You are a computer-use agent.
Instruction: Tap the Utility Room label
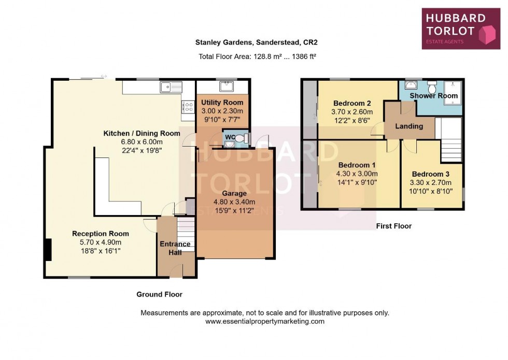pos(222,103)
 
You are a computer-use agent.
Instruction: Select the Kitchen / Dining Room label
pos(142,133)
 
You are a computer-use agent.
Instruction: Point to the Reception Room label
pos(101,234)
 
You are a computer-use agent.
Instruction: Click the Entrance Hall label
pos(176,248)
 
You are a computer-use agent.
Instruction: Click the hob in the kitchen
pos(187,106)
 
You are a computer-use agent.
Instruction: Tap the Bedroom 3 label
pos(431,174)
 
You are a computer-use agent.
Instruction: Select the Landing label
pos(409,126)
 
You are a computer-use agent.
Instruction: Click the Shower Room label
pos(434,96)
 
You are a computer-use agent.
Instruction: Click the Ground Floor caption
pos(159,294)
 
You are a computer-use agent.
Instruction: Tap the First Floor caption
pos(393,226)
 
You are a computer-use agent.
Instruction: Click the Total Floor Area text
pos(257,56)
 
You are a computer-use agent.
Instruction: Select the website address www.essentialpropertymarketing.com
pos(265,321)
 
